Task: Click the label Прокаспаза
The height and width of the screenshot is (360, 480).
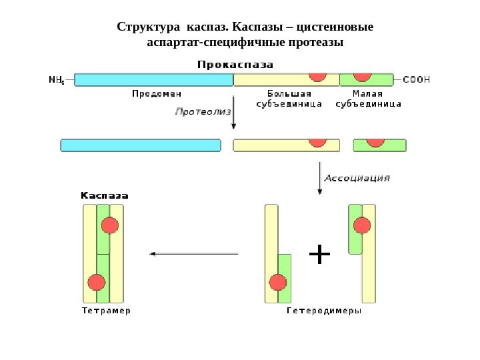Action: (x=235, y=64)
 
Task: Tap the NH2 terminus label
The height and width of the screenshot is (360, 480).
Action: (x=57, y=80)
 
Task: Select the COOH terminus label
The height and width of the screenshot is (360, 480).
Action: (x=417, y=79)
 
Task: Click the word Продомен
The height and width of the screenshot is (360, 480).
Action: (x=153, y=94)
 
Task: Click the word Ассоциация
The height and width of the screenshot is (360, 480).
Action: (x=356, y=178)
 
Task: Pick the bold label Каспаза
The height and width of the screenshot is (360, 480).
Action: (x=105, y=195)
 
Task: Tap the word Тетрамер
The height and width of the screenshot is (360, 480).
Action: (x=106, y=311)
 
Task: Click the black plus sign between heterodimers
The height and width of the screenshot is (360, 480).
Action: (x=321, y=254)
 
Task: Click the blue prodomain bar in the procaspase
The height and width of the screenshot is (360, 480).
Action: (x=153, y=80)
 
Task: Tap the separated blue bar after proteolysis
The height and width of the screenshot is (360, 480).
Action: (x=140, y=145)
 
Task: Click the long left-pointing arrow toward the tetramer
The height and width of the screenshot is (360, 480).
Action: (x=193, y=253)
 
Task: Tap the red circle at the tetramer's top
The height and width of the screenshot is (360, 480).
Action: (x=110, y=225)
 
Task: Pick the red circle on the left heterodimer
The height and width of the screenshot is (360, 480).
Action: (x=277, y=282)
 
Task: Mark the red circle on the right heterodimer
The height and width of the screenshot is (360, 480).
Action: (x=362, y=225)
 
